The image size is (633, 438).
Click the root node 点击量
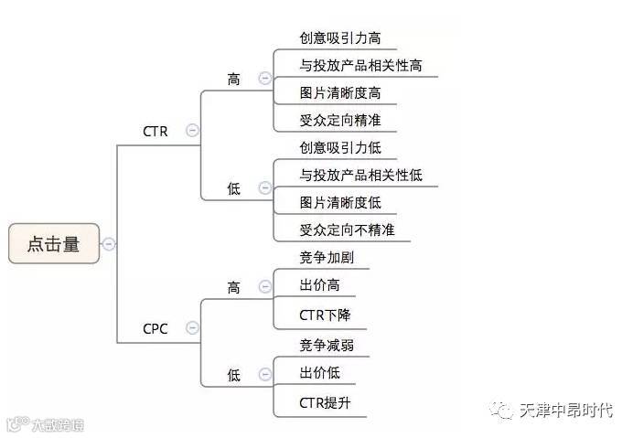pyautogui.click(x=53, y=243)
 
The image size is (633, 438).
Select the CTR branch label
pyautogui.click(x=156, y=132)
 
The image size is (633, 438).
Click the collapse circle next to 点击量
pyautogui.click(x=109, y=243)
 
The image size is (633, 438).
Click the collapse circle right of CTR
pyautogui.click(x=191, y=131)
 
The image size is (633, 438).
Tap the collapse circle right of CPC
pyautogui.click(x=191, y=328)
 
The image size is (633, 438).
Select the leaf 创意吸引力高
pyautogui.click(x=340, y=38)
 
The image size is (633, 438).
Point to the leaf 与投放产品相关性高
pyautogui.click(x=360, y=66)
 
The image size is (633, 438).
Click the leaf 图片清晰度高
pyautogui.click(x=340, y=93)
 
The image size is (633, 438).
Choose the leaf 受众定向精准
pyautogui.click(x=340, y=121)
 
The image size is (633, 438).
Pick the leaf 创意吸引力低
pyautogui.click(x=340, y=147)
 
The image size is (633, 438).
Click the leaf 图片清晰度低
pyautogui.click(x=340, y=202)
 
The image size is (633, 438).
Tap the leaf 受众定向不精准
pyautogui.click(x=347, y=230)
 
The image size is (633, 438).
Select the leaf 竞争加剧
pyautogui.click(x=327, y=257)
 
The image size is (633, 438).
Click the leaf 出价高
pyautogui.click(x=319, y=285)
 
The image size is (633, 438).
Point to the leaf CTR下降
pyautogui.click(x=325, y=315)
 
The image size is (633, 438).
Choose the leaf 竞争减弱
pyautogui.click(x=327, y=345)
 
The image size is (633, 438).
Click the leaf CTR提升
pyautogui.click(x=325, y=402)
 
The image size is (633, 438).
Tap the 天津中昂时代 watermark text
pyautogui.click(x=566, y=410)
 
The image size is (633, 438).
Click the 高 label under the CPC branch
pyautogui.click(x=234, y=288)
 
